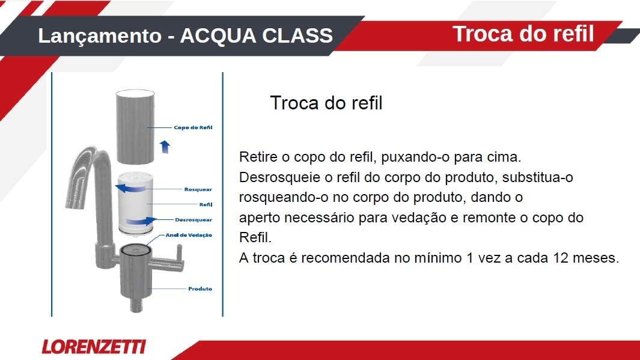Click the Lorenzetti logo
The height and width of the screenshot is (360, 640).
point(94,347)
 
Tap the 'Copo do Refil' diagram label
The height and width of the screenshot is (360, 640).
point(193,127)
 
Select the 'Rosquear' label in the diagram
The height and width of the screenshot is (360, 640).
point(198,189)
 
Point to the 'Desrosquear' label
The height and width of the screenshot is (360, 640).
point(194,219)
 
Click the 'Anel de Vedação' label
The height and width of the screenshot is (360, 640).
point(189,235)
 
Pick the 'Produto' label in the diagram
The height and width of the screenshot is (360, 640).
point(200,288)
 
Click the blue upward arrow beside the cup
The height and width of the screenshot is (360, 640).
point(165,147)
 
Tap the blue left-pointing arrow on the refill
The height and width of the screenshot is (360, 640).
point(130,188)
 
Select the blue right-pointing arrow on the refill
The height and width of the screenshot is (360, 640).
point(141,221)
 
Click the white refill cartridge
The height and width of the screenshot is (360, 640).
point(135,203)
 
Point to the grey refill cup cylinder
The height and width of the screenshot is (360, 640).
point(135,127)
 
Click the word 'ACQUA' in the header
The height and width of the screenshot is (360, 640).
point(218,36)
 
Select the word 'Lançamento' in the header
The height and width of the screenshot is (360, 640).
point(100,36)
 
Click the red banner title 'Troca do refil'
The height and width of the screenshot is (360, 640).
point(523,34)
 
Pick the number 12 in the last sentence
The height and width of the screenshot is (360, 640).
point(561,258)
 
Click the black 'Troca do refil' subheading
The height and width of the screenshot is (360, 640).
point(326,103)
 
